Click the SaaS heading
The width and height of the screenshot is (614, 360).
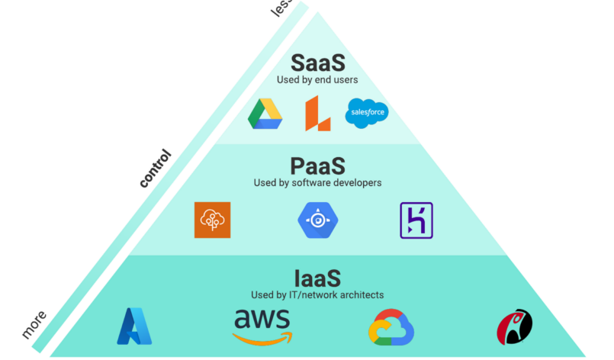[318, 63]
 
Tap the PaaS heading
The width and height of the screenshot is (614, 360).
[318, 166]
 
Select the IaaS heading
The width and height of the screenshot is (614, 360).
[317, 278]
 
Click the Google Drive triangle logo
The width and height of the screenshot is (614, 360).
[265, 114]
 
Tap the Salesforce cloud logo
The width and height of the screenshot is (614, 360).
[366, 114]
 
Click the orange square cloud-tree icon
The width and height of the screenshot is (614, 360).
[212, 220]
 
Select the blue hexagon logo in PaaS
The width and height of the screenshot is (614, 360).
[317, 220]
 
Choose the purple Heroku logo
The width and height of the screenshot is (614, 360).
[416, 220]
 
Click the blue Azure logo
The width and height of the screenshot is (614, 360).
[135, 326]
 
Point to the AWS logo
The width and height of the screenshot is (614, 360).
[262, 324]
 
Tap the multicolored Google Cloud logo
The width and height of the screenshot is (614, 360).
[391, 328]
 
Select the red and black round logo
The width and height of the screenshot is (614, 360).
[516, 327]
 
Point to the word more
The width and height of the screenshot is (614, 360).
[34, 324]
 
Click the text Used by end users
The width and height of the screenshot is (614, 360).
[317, 79]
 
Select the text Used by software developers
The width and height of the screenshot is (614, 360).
[317, 183]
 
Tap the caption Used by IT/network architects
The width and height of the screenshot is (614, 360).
[317, 294]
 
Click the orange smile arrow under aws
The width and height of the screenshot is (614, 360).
[264, 339]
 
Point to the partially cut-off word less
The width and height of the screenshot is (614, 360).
[282, 8]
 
